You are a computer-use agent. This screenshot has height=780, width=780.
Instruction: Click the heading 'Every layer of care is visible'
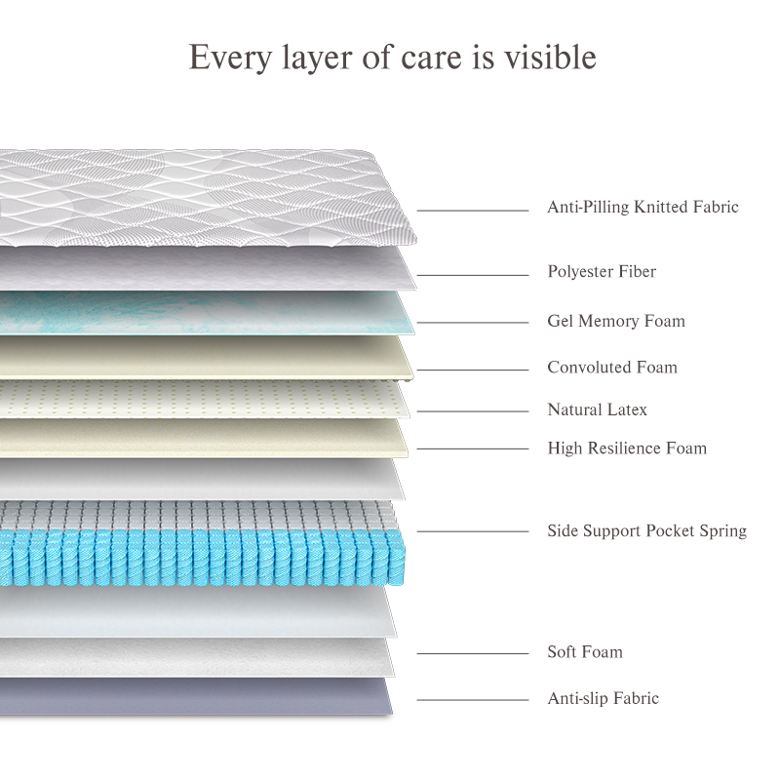[x=392, y=57]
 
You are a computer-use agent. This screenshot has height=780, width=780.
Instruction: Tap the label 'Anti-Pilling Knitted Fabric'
[x=643, y=207]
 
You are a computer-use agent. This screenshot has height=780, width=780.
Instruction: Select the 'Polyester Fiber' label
[x=602, y=271]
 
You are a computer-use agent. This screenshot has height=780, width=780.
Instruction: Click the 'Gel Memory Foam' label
[x=616, y=321]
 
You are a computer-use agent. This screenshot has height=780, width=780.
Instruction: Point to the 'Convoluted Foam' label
[x=612, y=368]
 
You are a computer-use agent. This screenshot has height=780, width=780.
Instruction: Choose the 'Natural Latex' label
[x=597, y=409]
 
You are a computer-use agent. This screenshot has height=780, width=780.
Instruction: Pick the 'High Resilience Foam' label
[x=627, y=448]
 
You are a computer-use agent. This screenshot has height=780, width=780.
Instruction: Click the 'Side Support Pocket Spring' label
[x=646, y=531]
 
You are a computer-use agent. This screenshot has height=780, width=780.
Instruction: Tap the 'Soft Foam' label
[x=585, y=651]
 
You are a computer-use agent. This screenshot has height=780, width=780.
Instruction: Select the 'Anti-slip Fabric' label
[x=603, y=698]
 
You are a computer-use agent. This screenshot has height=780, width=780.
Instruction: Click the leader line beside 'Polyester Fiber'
[x=473, y=275]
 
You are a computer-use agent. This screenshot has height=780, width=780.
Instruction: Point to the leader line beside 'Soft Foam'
[x=473, y=654]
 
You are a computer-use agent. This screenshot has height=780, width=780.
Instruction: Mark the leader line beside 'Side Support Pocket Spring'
[x=473, y=532]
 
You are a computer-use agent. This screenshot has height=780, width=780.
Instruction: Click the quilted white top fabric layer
[x=195, y=195]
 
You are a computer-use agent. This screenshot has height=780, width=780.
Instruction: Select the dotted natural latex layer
[x=195, y=398]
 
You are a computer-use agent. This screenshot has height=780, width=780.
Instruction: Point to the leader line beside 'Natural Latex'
[x=473, y=411]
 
